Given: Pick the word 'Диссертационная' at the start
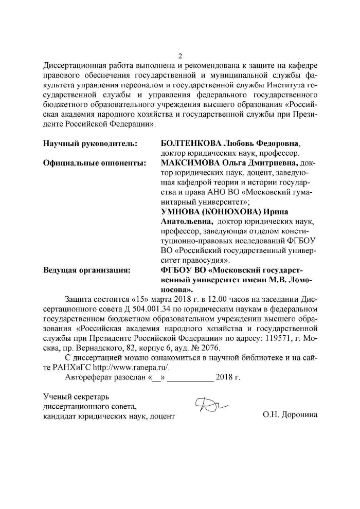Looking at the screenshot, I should [x=75, y=66].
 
